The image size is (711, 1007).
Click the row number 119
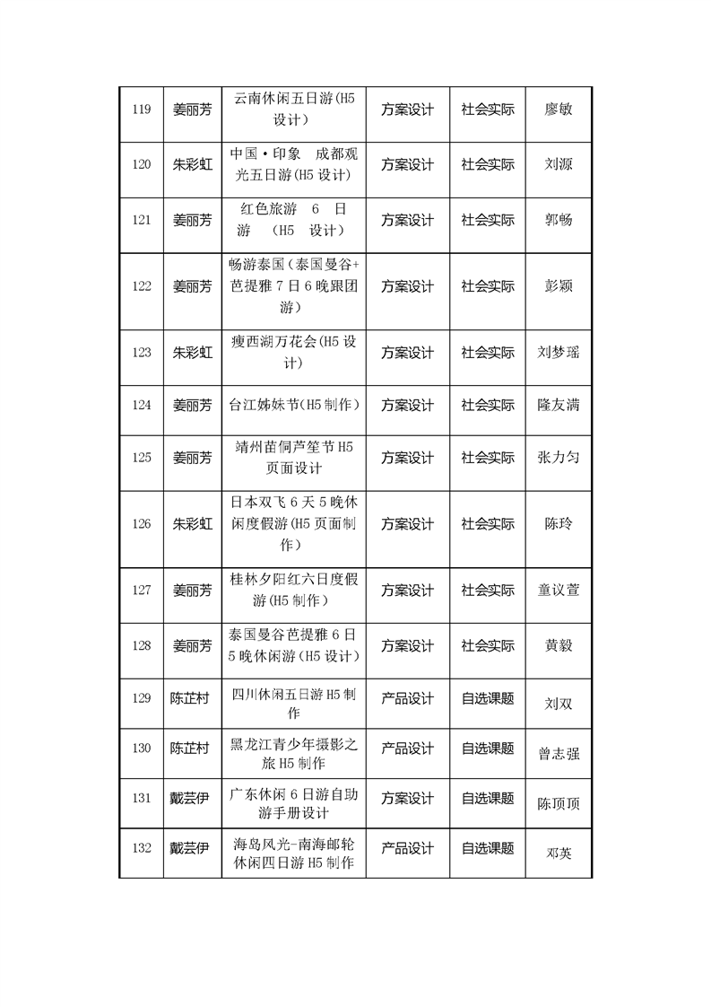point(141,110)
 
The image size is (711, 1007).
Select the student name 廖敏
point(559,110)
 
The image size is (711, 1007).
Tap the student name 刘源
point(559,165)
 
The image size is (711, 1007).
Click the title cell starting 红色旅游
point(293,220)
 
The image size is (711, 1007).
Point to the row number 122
point(141,287)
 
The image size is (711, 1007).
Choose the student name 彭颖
point(559,287)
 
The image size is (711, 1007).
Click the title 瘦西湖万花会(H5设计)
point(293,353)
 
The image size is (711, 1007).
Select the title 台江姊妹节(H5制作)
point(293,406)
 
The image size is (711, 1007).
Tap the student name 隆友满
point(559,406)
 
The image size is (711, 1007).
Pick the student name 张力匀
point(559,458)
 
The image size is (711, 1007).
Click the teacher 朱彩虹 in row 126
point(193,524)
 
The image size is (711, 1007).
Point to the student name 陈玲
point(559,524)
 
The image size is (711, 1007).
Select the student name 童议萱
point(559,591)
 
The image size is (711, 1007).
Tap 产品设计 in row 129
point(408,698)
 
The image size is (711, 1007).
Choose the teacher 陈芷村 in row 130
point(190,749)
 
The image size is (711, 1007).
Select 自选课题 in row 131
point(488,798)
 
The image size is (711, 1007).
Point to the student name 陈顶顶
point(559,804)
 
